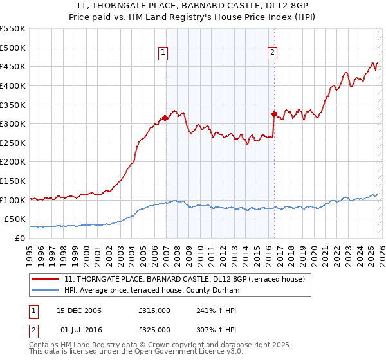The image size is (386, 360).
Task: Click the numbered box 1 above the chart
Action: (x=163, y=53)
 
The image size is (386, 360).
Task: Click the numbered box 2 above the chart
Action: (x=272, y=53)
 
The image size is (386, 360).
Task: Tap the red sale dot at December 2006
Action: (x=165, y=118)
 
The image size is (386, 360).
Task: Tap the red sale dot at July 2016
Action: (x=274, y=114)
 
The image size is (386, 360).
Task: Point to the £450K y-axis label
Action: (x=13, y=66)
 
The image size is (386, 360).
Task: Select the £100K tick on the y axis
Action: (x=13, y=200)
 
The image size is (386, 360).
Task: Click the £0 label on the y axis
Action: (x=21, y=238)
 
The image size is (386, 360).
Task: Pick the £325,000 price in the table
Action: (x=154, y=330)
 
